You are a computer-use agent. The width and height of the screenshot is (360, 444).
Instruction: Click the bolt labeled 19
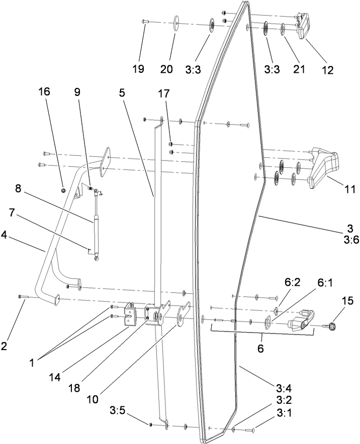point(145,21)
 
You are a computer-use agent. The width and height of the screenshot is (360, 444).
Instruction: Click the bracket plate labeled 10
point(182,317)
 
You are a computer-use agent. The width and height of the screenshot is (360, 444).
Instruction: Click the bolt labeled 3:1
point(250,430)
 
